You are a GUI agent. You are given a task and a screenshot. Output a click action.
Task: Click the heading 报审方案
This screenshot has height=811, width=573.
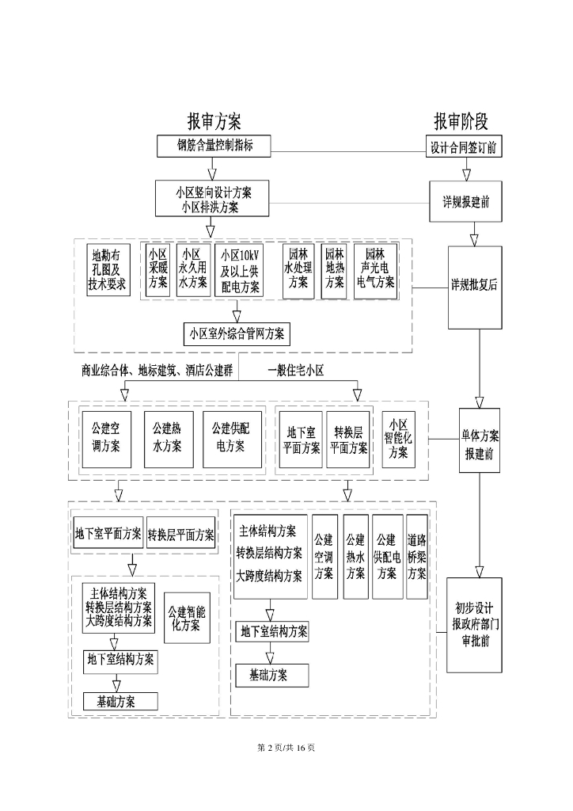coord(214,121)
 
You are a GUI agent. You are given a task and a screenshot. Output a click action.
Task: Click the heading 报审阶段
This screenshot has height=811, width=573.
coord(461,121)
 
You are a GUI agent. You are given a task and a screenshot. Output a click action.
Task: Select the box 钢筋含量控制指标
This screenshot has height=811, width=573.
coord(214,146)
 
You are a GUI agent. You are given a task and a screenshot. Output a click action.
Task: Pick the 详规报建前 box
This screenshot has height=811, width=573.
coord(465,201)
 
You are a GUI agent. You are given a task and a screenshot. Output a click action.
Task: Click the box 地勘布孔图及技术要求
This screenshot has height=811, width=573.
coord(108,269)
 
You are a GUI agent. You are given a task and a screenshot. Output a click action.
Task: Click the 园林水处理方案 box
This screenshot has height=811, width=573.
coord(298,269)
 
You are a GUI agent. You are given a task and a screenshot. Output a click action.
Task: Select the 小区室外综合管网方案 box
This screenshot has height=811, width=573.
coord(237,333)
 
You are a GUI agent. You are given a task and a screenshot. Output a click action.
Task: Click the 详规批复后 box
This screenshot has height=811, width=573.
coord(474,286)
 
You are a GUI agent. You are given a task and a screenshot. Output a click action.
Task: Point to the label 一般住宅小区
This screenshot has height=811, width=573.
coord(296,370)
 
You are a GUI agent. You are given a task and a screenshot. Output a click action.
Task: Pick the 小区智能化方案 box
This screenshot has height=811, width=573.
coord(399,438)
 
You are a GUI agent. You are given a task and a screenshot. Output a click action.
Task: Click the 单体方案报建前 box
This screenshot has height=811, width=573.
coord(479,440)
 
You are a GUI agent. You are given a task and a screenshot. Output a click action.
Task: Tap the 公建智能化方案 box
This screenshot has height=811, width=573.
coord(187,618)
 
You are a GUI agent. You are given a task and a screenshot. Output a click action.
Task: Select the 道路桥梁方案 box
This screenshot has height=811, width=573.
coord(417,556)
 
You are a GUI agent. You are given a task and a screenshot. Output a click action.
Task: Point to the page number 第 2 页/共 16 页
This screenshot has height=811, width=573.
coord(286,748)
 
